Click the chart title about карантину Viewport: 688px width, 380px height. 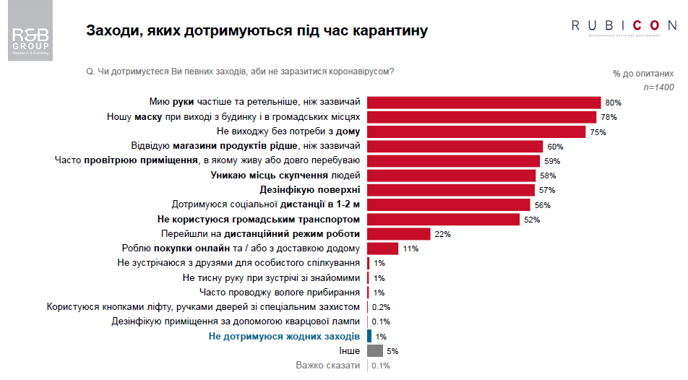click(257, 31)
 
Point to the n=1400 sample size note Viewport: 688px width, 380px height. click(658, 87)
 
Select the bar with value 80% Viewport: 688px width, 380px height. click(484, 103)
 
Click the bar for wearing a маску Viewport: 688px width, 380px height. click(481, 117)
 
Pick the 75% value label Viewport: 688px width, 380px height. click(597, 132)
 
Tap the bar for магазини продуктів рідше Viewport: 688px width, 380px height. click(455, 147)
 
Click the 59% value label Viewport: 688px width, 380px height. click(552, 161)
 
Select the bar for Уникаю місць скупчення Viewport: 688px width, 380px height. click(452, 176)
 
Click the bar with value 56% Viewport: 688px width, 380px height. click(449, 205)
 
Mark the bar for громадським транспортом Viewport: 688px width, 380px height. click(443, 220)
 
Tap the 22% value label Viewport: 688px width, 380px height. click(443, 234)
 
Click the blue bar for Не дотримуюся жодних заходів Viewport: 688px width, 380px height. click(369, 337)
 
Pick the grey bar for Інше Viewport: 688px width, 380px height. click(375, 351)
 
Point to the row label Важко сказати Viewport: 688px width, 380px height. click(327, 366)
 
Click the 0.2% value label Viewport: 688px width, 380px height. click(381, 307)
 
